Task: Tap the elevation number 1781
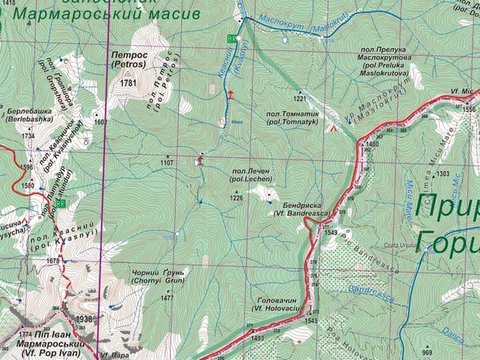[128, 84]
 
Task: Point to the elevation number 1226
[236, 198]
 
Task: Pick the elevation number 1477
[167, 298]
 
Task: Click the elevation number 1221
[299, 98]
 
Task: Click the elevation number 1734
[29, 136]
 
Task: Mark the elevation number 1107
[166, 162]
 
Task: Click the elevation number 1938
[85, 319]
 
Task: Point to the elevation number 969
[428, 351]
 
